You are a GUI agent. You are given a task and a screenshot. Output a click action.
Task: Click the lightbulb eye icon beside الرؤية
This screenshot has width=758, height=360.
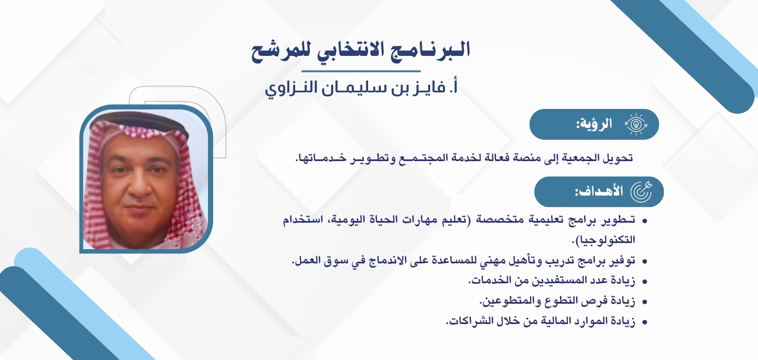pos(636,125)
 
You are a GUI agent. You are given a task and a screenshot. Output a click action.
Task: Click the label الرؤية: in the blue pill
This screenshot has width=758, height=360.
pos(594,125)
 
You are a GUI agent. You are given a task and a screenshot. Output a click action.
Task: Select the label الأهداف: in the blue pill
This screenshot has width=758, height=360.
pos(599,192)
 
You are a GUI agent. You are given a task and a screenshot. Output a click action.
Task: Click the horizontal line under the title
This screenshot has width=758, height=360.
pos(361,72)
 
